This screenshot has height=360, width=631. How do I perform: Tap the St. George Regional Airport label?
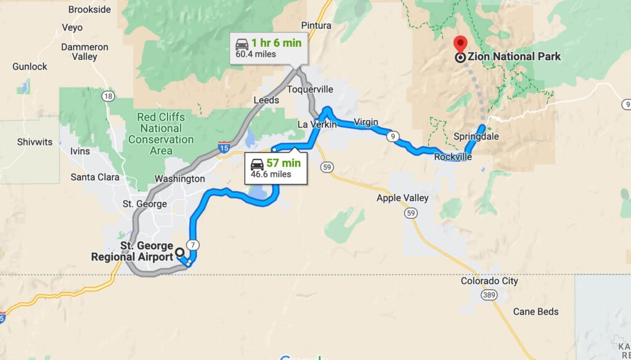132,252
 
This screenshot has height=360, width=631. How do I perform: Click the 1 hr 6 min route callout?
269,48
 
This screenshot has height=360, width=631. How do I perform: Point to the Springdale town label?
476,136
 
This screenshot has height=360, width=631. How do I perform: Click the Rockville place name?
453,157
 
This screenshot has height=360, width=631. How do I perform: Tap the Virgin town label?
366,122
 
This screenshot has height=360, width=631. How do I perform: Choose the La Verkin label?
317,125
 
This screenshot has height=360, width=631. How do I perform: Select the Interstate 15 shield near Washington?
225,147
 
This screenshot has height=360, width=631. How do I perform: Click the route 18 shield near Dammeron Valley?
108,96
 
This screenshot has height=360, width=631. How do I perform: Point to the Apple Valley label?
403,198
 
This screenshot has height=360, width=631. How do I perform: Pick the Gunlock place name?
30,67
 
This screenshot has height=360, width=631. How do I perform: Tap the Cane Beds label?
535,311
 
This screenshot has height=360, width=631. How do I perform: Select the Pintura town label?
316,25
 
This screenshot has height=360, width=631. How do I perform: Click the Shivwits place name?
35,142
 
